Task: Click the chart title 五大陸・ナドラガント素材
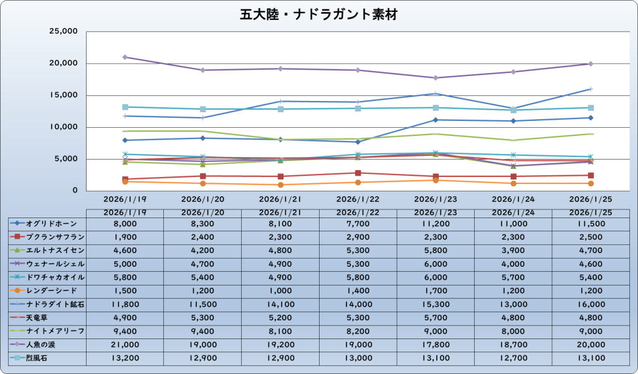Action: pyautogui.click(x=318, y=14)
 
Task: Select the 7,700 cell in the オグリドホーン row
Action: pyautogui.click(x=358, y=223)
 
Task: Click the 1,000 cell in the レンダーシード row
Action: pyautogui.click(x=280, y=290)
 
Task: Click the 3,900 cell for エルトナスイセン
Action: pyautogui.click(x=513, y=250)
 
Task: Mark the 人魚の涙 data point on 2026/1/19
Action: pyautogui.click(x=125, y=57)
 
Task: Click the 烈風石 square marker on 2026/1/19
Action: pyautogui.click(x=125, y=107)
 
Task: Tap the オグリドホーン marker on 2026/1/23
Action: pyautogui.click(x=436, y=120)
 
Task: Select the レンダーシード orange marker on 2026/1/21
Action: pyautogui.click(x=280, y=185)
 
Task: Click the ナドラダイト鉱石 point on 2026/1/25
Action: pyautogui.click(x=591, y=89)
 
